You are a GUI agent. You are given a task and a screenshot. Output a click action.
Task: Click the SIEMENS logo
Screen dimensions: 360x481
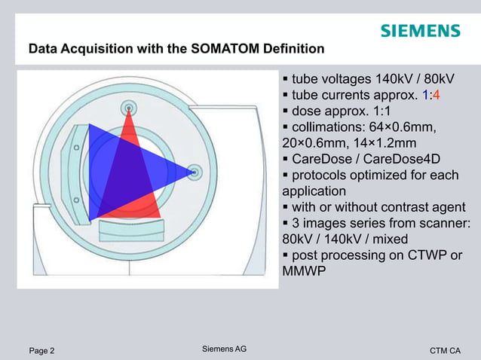coord(419,31)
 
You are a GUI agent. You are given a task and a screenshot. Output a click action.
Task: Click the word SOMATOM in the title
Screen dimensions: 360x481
coord(210,50)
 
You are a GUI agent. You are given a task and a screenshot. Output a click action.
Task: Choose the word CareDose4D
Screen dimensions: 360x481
coord(399,159)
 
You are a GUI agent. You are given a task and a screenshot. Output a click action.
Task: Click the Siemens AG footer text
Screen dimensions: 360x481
coord(225,349)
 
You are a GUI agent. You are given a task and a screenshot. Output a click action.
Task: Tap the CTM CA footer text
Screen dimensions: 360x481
coord(445,350)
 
